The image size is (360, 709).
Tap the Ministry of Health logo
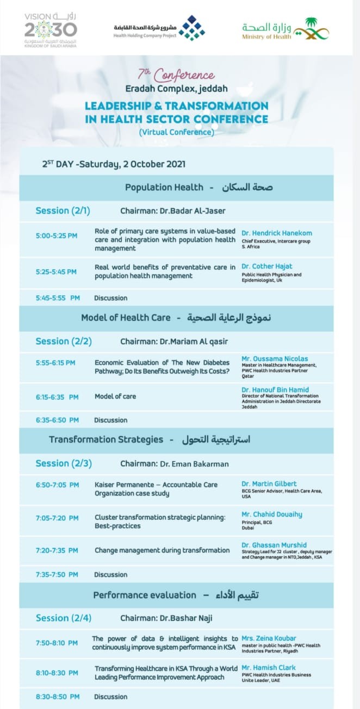point(285,28)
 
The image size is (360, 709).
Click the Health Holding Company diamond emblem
point(192,28)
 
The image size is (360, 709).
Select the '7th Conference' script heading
point(177,74)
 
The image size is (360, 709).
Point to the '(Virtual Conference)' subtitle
point(176,132)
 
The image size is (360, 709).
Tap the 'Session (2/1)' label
point(63,210)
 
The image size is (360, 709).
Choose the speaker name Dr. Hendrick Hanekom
point(277,233)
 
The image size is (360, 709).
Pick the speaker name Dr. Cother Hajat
point(266,266)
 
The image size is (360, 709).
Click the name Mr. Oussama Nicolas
point(275,359)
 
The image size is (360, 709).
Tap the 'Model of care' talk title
point(115,396)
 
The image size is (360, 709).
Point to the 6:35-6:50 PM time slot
point(58,420)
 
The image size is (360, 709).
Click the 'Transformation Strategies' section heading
point(106,439)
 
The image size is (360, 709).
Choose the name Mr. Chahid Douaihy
point(272,514)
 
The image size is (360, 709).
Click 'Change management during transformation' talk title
point(162,550)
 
